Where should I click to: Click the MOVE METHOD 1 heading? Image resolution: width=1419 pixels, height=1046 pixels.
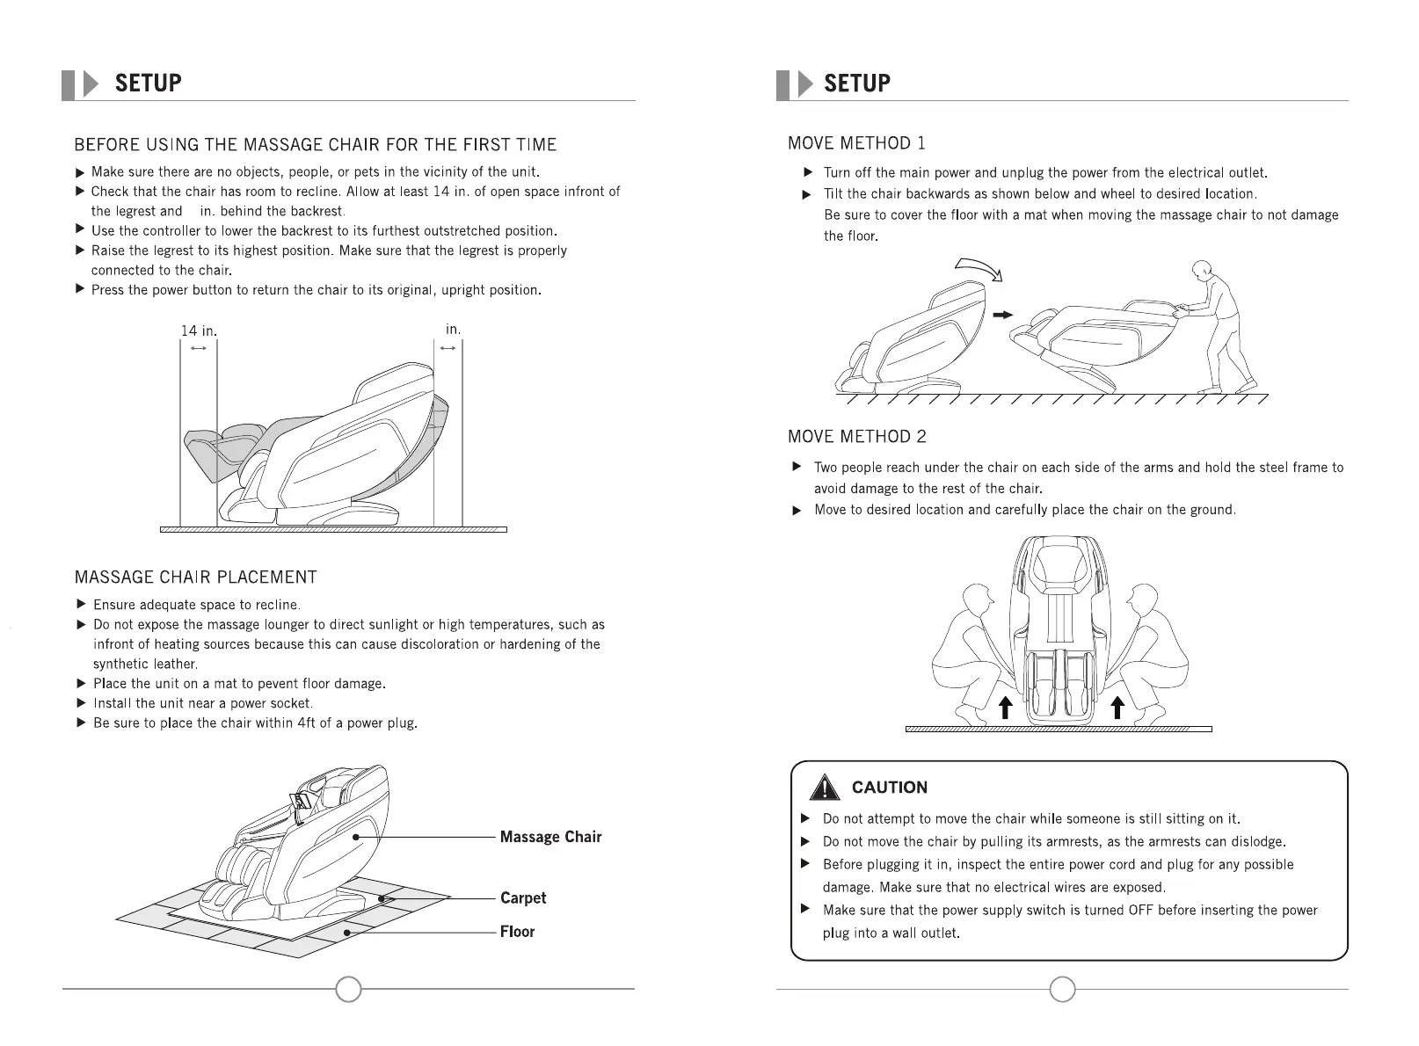coord(856,143)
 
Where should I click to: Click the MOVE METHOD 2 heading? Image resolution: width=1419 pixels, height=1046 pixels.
coord(856,437)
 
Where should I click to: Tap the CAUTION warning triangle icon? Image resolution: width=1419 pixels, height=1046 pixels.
coord(824,788)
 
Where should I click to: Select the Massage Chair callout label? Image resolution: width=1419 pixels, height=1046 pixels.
coord(550,837)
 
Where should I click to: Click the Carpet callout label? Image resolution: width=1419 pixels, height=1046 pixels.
coord(523,897)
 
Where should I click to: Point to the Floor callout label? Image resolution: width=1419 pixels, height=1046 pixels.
coord(517,932)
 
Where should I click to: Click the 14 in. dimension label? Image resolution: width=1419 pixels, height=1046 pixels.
coord(198,331)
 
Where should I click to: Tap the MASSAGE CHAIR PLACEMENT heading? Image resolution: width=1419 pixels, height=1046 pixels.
coord(195,577)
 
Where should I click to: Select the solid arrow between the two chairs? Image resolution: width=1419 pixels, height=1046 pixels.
coord(1002,315)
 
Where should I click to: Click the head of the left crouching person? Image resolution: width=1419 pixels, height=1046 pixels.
coord(977,602)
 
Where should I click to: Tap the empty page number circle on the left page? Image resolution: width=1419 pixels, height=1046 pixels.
coord(349,989)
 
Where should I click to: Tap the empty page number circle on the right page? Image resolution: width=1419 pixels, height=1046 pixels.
coord(1063,989)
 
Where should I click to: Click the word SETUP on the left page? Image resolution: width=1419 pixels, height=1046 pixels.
coord(148,84)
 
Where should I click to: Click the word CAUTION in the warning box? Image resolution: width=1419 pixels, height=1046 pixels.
coord(890,788)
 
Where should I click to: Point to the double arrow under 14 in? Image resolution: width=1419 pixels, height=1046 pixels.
coord(198,349)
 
